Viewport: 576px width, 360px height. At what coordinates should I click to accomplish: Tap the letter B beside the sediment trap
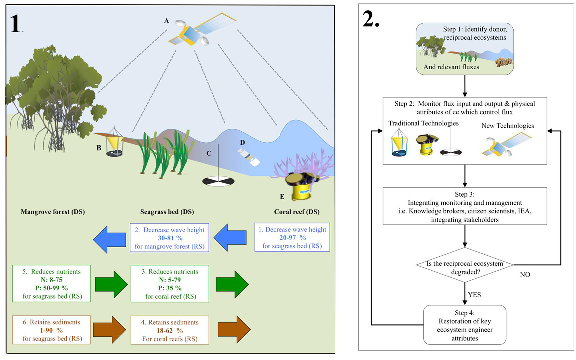(99, 148)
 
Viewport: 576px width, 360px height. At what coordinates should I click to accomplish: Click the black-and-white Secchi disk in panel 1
(218, 181)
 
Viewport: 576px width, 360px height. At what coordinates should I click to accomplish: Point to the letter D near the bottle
(242, 143)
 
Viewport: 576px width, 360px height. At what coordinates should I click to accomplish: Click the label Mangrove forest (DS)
(53, 212)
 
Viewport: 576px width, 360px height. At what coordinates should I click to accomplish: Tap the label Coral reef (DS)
(296, 212)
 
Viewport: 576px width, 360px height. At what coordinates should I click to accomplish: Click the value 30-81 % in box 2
(170, 238)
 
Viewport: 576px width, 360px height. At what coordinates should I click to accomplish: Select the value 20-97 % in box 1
(292, 238)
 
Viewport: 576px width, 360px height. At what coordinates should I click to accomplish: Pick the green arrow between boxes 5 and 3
(111, 284)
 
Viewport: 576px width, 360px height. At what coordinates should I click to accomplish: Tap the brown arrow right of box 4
(234, 329)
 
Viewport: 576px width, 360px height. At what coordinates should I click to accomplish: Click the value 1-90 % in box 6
(51, 330)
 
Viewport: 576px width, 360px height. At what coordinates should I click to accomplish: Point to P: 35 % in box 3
(170, 288)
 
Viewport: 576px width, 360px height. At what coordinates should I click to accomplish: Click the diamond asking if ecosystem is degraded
(465, 265)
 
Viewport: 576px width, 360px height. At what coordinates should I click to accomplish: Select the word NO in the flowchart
(525, 275)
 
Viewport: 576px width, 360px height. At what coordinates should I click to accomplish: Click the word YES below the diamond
(474, 295)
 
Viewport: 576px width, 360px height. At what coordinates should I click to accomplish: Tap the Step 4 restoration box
(465, 325)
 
